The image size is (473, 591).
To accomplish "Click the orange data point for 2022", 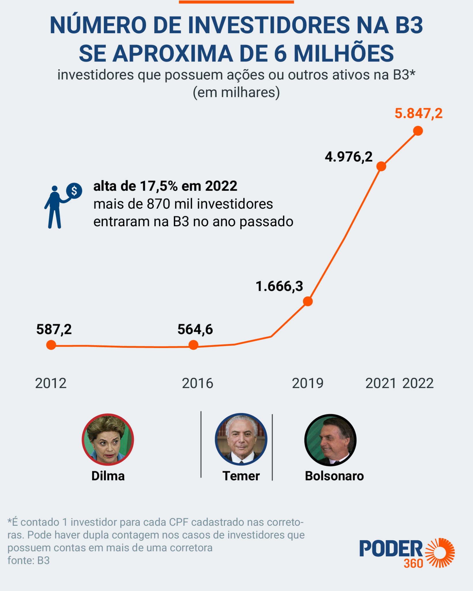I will pyautogui.click(x=418, y=131).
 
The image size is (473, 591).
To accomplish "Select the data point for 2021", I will pyautogui.click(x=381, y=166).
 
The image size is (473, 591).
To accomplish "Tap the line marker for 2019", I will pyautogui.click(x=308, y=302).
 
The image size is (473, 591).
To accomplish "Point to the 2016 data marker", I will pyautogui.click(x=193, y=345).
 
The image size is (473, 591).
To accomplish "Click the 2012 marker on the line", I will pyautogui.click(x=51, y=345).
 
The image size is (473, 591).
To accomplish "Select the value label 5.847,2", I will pyautogui.click(x=418, y=113).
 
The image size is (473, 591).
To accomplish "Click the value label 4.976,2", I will pyautogui.click(x=348, y=157).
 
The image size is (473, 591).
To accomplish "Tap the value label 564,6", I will pyautogui.click(x=195, y=330).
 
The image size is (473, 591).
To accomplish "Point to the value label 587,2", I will pyautogui.click(x=54, y=330).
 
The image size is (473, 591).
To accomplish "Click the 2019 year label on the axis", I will pyautogui.click(x=308, y=384).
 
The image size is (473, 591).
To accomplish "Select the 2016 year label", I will pyautogui.click(x=197, y=384).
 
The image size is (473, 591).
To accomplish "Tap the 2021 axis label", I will pyautogui.click(x=381, y=384).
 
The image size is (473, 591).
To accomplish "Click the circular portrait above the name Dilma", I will pyautogui.click(x=108, y=439).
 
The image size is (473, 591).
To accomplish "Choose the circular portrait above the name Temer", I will pyautogui.click(x=241, y=439).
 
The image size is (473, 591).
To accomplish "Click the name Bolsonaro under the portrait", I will pyautogui.click(x=334, y=476).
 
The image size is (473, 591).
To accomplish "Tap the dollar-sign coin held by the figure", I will pyautogui.click(x=74, y=191).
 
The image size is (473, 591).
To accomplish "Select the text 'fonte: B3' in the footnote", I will pyautogui.click(x=29, y=560).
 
